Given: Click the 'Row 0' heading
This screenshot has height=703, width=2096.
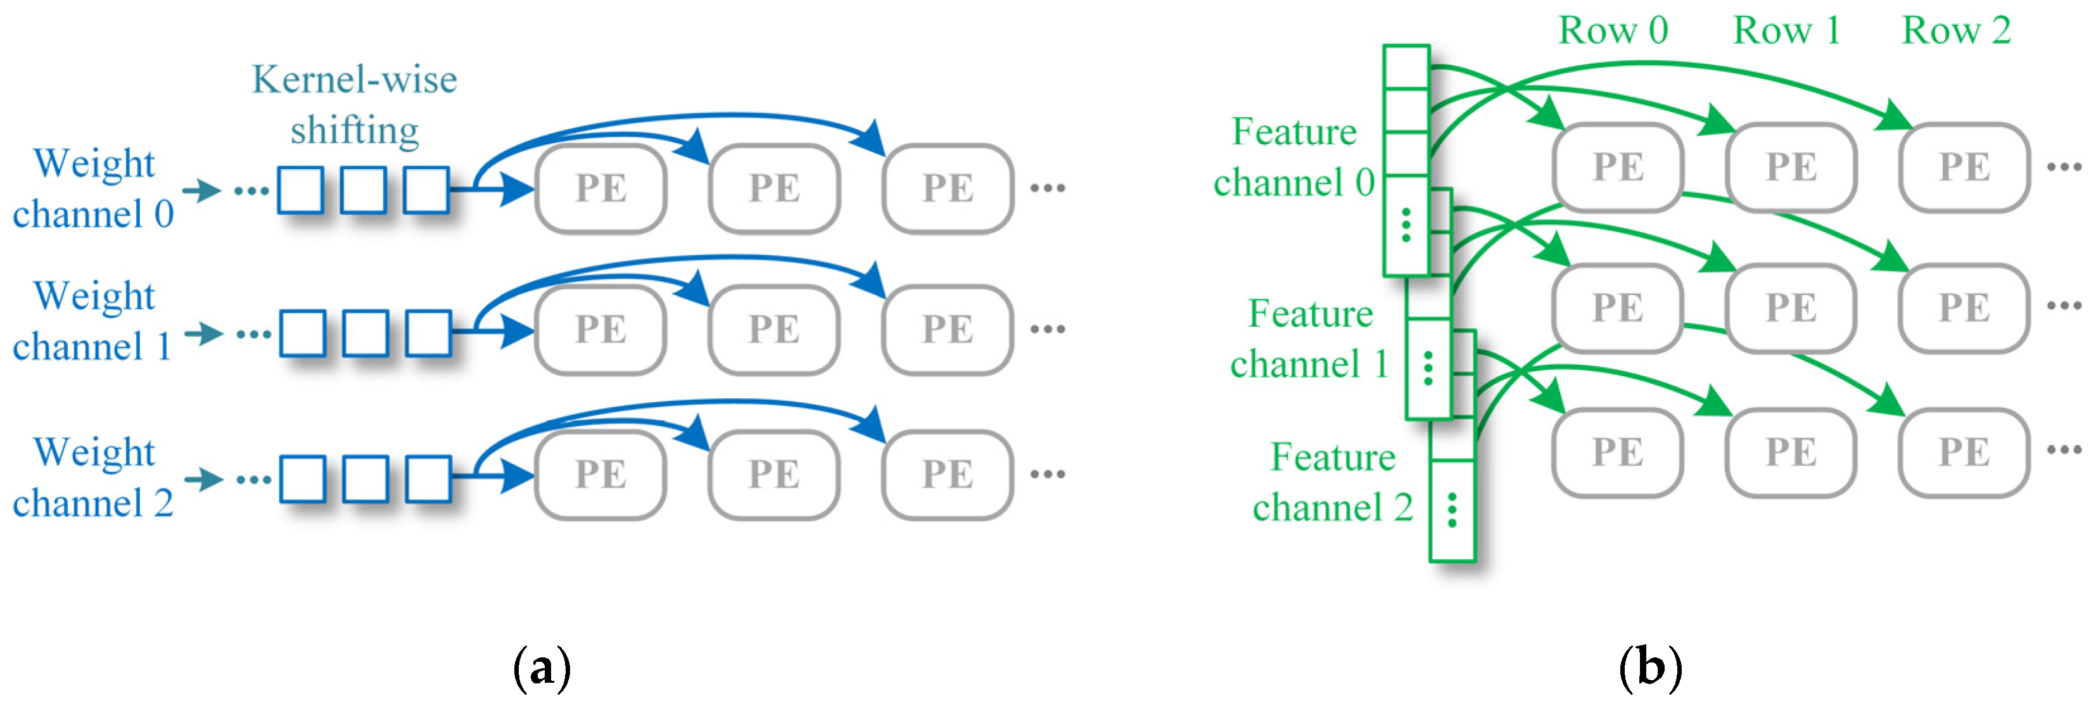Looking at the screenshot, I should (x=1613, y=31).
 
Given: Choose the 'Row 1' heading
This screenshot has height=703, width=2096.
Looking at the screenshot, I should (x=1787, y=31).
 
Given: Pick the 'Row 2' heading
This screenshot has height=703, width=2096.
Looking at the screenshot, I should (x=1956, y=31).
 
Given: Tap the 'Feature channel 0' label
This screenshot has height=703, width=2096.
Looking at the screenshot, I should (x=1293, y=157).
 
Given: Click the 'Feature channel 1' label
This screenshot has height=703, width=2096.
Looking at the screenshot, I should (x=1310, y=338).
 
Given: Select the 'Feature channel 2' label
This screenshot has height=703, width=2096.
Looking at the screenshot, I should (x=1333, y=483).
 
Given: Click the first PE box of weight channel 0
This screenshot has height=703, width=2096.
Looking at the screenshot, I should (x=600, y=189).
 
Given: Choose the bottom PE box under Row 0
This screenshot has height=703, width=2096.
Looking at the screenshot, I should (x=1618, y=452).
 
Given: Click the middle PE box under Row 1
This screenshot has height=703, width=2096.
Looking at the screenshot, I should (x=1791, y=308).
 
